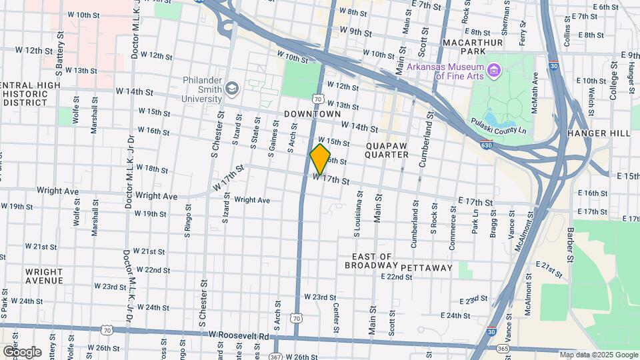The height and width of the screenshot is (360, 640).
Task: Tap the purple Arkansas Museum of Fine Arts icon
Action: (493, 70)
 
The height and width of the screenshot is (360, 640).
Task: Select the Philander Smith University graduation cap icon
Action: (231, 88)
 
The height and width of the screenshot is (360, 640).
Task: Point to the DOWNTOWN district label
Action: (308, 115)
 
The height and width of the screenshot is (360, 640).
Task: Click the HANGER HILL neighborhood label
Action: (599, 133)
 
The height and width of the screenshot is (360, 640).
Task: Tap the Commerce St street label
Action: (453, 228)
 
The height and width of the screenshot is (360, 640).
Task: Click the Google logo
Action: (22, 351)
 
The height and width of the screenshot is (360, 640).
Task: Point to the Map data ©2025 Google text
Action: (598, 355)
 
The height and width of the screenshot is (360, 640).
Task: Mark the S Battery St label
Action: (59, 48)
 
